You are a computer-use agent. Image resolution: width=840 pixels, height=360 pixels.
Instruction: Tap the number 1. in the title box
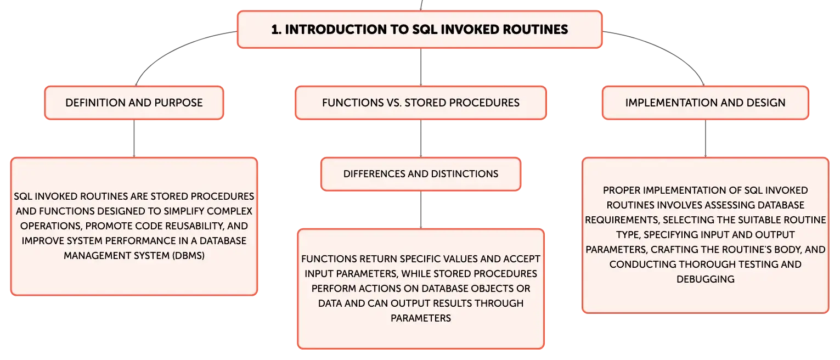click(x=277, y=30)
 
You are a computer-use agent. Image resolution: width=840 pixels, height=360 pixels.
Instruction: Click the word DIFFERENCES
click(x=374, y=174)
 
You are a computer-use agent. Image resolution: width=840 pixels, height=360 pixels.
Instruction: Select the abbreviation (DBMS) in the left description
click(x=188, y=256)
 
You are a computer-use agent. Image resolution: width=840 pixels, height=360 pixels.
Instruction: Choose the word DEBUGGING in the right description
click(x=706, y=279)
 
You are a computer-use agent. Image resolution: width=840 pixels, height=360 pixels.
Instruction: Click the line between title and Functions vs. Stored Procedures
click(x=421, y=67)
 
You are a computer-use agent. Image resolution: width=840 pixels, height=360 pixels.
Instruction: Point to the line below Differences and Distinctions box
click(x=421, y=210)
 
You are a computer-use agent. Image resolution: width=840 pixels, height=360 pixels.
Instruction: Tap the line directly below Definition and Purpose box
click(x=134, y=139)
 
